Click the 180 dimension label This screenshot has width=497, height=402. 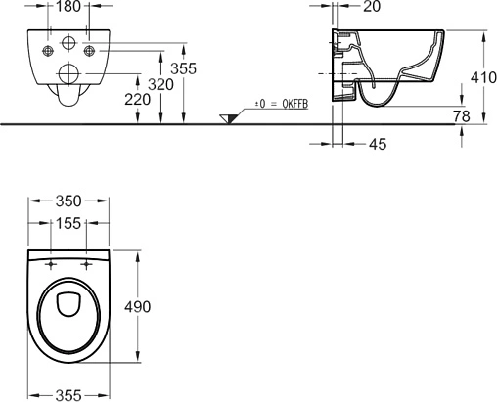point(68,7)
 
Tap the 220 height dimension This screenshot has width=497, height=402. point(138,100)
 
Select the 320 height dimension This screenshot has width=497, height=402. point(160,85)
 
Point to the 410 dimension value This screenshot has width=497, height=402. point(483,77)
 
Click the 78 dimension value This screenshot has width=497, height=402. point(461,116)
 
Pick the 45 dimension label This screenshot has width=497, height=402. point(378,144)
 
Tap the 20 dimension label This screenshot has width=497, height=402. point(372,7)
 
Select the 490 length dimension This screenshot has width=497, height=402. point(138,307)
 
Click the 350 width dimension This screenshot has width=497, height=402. point(68,201)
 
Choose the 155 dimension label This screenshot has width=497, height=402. point(68,223)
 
